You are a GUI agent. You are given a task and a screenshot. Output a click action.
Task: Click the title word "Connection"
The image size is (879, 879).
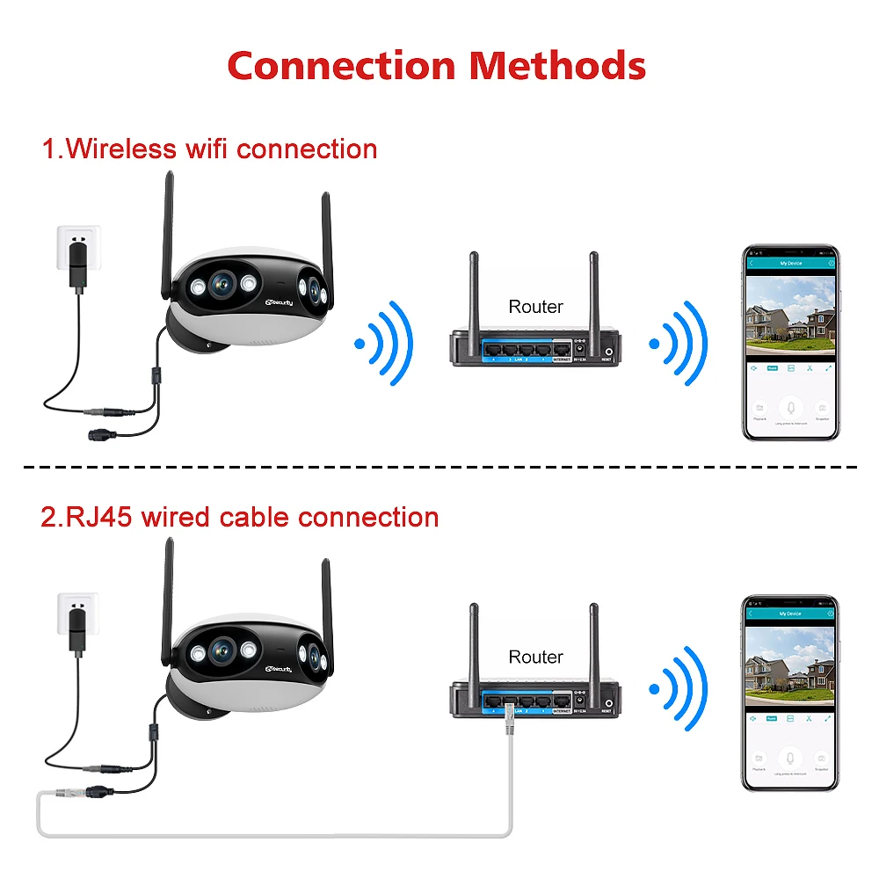(x=340, y=66)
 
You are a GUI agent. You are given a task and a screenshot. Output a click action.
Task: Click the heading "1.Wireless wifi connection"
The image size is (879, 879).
(x=210, y=149)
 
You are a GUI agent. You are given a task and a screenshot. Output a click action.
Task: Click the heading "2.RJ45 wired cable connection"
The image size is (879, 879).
(x=240, y=517)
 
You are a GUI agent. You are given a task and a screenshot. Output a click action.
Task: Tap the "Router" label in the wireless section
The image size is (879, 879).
(x=535, y=307)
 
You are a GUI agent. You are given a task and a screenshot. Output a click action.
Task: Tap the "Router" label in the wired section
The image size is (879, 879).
(x=535, y=657)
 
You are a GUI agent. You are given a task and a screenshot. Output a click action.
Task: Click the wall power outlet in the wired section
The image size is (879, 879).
(x=77, y=619)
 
